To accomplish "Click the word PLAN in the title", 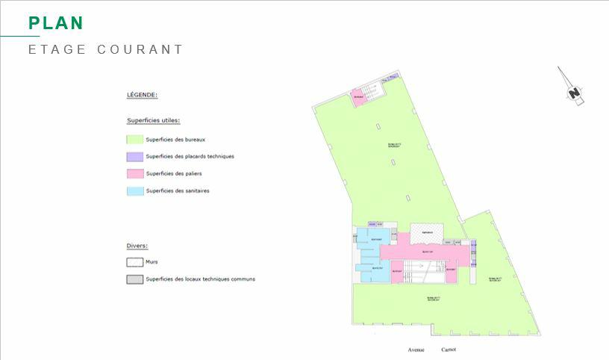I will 56,23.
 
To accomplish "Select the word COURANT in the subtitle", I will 140,50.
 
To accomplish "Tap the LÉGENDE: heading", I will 142,95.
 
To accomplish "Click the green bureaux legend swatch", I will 134,139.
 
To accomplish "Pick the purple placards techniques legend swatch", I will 134,157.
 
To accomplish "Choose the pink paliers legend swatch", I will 134,174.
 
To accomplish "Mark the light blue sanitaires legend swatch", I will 134,191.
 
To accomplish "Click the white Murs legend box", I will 134,262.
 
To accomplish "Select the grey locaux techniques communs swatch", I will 134,279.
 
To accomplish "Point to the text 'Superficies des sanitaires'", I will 178,191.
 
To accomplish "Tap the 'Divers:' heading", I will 137,245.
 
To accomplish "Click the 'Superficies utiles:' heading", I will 153,120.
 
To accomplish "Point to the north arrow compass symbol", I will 572,88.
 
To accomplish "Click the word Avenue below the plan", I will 416,350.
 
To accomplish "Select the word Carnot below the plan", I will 449,350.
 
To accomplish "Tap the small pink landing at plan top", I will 360,98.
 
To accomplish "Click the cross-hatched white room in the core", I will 426,233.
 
